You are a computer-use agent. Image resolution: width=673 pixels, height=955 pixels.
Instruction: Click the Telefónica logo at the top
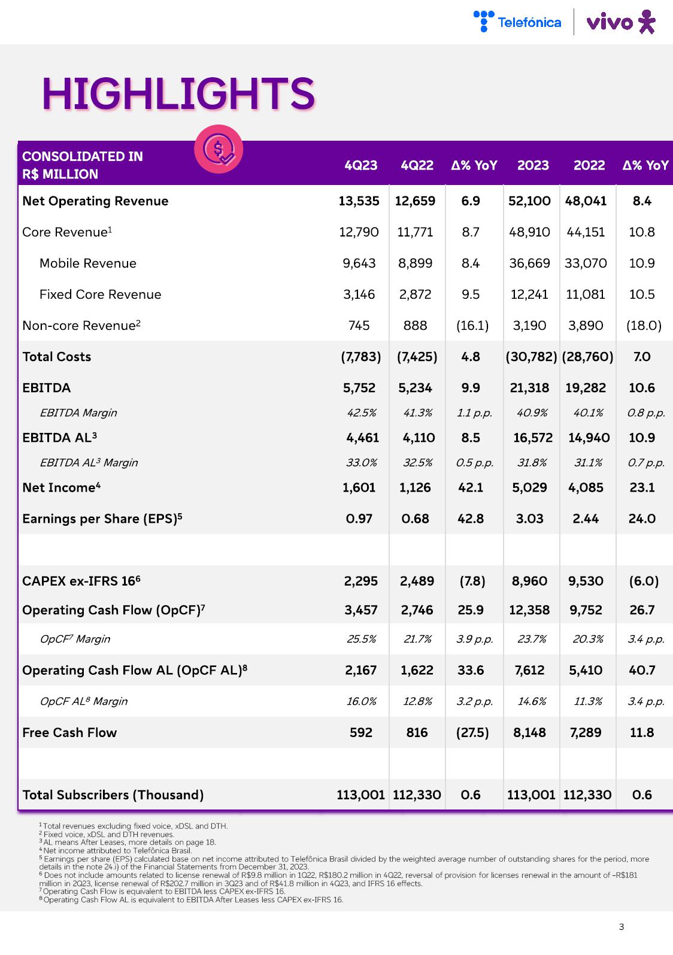coord(517,22)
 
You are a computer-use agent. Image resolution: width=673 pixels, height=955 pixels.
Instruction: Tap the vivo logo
coord(620,22)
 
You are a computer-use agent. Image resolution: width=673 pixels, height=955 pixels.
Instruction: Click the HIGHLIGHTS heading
coord(178,93)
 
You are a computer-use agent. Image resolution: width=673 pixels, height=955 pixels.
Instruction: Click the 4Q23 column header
coord(360,165)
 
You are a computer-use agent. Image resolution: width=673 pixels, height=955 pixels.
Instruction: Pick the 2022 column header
coord(589,165)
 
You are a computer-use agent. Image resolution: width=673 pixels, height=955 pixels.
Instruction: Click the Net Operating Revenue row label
coord(95,201)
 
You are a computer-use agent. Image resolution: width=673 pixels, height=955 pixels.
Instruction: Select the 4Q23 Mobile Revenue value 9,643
coord(359,263)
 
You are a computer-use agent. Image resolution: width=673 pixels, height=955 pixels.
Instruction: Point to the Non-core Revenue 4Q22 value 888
coord(416,326)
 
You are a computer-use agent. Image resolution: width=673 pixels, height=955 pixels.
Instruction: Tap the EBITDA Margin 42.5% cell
coord(361,413)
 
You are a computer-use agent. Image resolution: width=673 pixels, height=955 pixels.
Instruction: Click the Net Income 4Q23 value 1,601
coord(359,487)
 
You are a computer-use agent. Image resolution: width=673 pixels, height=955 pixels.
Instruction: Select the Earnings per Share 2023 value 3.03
coord(530,519)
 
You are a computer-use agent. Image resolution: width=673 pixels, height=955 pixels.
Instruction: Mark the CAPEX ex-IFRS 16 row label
coord(81,581)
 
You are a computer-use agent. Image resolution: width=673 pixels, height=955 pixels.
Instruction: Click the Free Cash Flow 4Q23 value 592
coord(361,732)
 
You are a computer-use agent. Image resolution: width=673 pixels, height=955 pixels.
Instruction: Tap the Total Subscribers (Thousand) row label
coord(113,795)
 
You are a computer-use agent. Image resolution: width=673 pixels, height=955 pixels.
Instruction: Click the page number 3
coord(622,927)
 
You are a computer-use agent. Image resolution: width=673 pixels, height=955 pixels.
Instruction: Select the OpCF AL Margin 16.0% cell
coord(361,701)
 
